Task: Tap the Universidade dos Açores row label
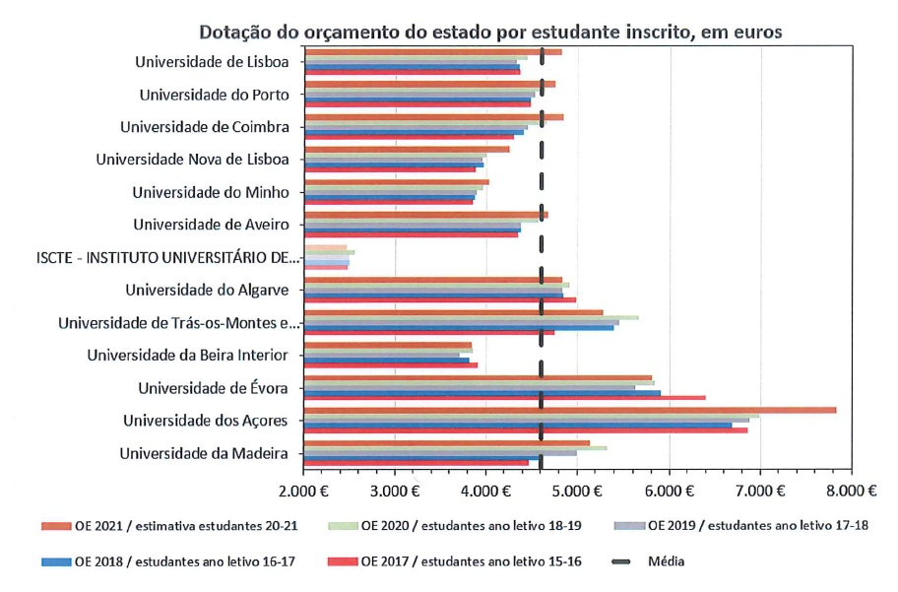[x=205, y=421]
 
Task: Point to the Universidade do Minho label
[x=211, y=192]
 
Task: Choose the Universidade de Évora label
[x=213, y=387]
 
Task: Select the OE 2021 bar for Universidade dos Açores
[x=571, y=410]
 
